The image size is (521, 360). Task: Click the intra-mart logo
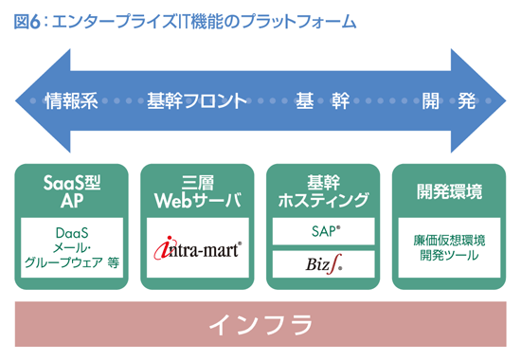[x=198, y=250]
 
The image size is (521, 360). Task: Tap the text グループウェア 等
[x=72, y=264]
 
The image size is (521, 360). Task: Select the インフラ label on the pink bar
[x=260, y=325]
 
